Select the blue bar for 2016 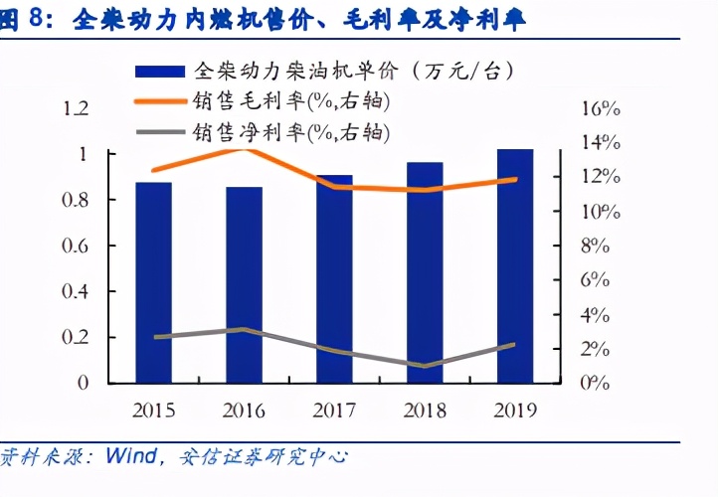pyautogui.click(x=244, y=284)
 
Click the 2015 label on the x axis pyautogui.click(x=153, y=410)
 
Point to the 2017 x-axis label pyautogui.click(x=334, y=410)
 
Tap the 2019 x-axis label pyautogui.click(x=515, y=410)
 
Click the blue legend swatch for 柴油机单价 pyautogui.click(x=160, y=72)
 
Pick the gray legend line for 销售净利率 pyautogui.click(x=160, y=131)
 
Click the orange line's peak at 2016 pyautogui.click(x=246, y=148)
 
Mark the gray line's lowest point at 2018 pyautogui.click(x=425, y=366)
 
